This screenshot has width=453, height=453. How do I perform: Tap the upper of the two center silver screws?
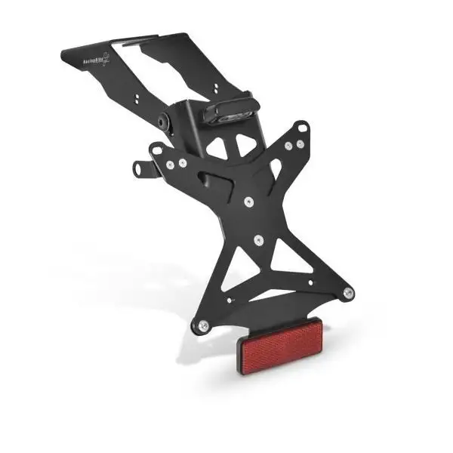coord(248,200)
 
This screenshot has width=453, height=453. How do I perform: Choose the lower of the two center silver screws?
coord(259,240)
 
